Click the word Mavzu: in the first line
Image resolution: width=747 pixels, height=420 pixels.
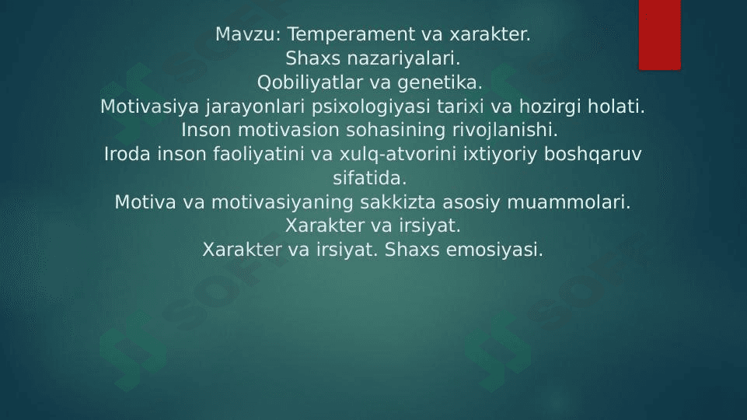[248, 34]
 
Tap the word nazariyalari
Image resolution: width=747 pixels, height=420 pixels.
[403, 58]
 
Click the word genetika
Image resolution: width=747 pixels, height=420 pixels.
[440, 83]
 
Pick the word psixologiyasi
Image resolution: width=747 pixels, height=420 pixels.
[371, 107]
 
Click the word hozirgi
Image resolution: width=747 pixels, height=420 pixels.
[550, 107]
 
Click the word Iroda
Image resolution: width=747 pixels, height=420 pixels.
[127, 154]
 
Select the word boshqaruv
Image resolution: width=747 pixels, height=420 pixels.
[592, 155]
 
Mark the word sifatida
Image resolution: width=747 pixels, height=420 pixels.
[370, 178]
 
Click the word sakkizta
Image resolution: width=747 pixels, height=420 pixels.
[398, 202]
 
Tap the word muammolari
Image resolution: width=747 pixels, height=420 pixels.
[569, 202]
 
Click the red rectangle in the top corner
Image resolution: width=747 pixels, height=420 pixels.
[660, 35]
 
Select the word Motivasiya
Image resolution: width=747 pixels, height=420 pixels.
[149, 107]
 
